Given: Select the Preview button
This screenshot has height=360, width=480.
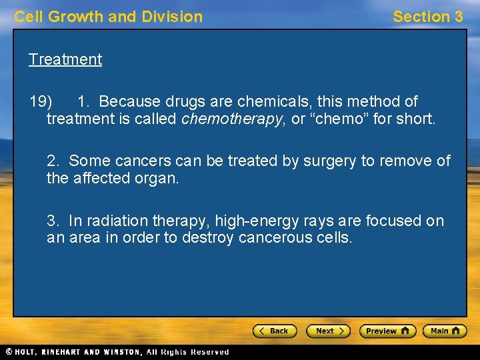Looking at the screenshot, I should pos(387,331).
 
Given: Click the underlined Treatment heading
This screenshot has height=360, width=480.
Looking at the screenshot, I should pos(65,59).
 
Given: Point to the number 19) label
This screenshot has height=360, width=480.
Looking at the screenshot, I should pos(41,102).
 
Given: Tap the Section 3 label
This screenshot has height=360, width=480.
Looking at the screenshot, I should pos(427,17).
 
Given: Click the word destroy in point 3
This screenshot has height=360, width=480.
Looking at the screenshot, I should pos(201,238).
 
